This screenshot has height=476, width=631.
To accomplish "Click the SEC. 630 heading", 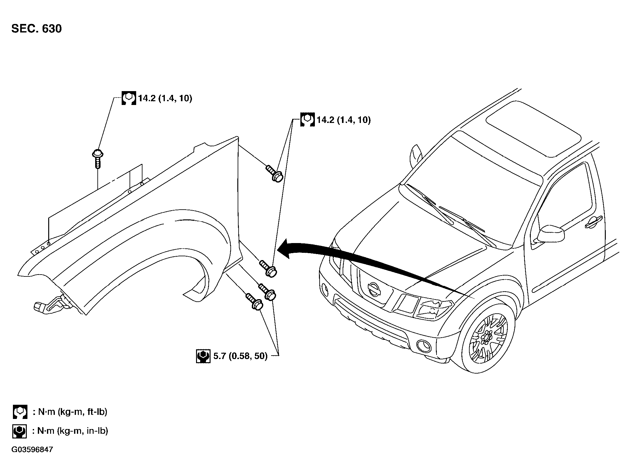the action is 37,29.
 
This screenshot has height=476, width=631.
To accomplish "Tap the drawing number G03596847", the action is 32,450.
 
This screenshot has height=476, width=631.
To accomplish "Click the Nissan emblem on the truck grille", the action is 374,289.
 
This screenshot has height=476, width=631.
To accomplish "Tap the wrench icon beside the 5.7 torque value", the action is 203,356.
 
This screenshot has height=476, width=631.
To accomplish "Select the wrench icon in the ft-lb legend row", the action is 20,412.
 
